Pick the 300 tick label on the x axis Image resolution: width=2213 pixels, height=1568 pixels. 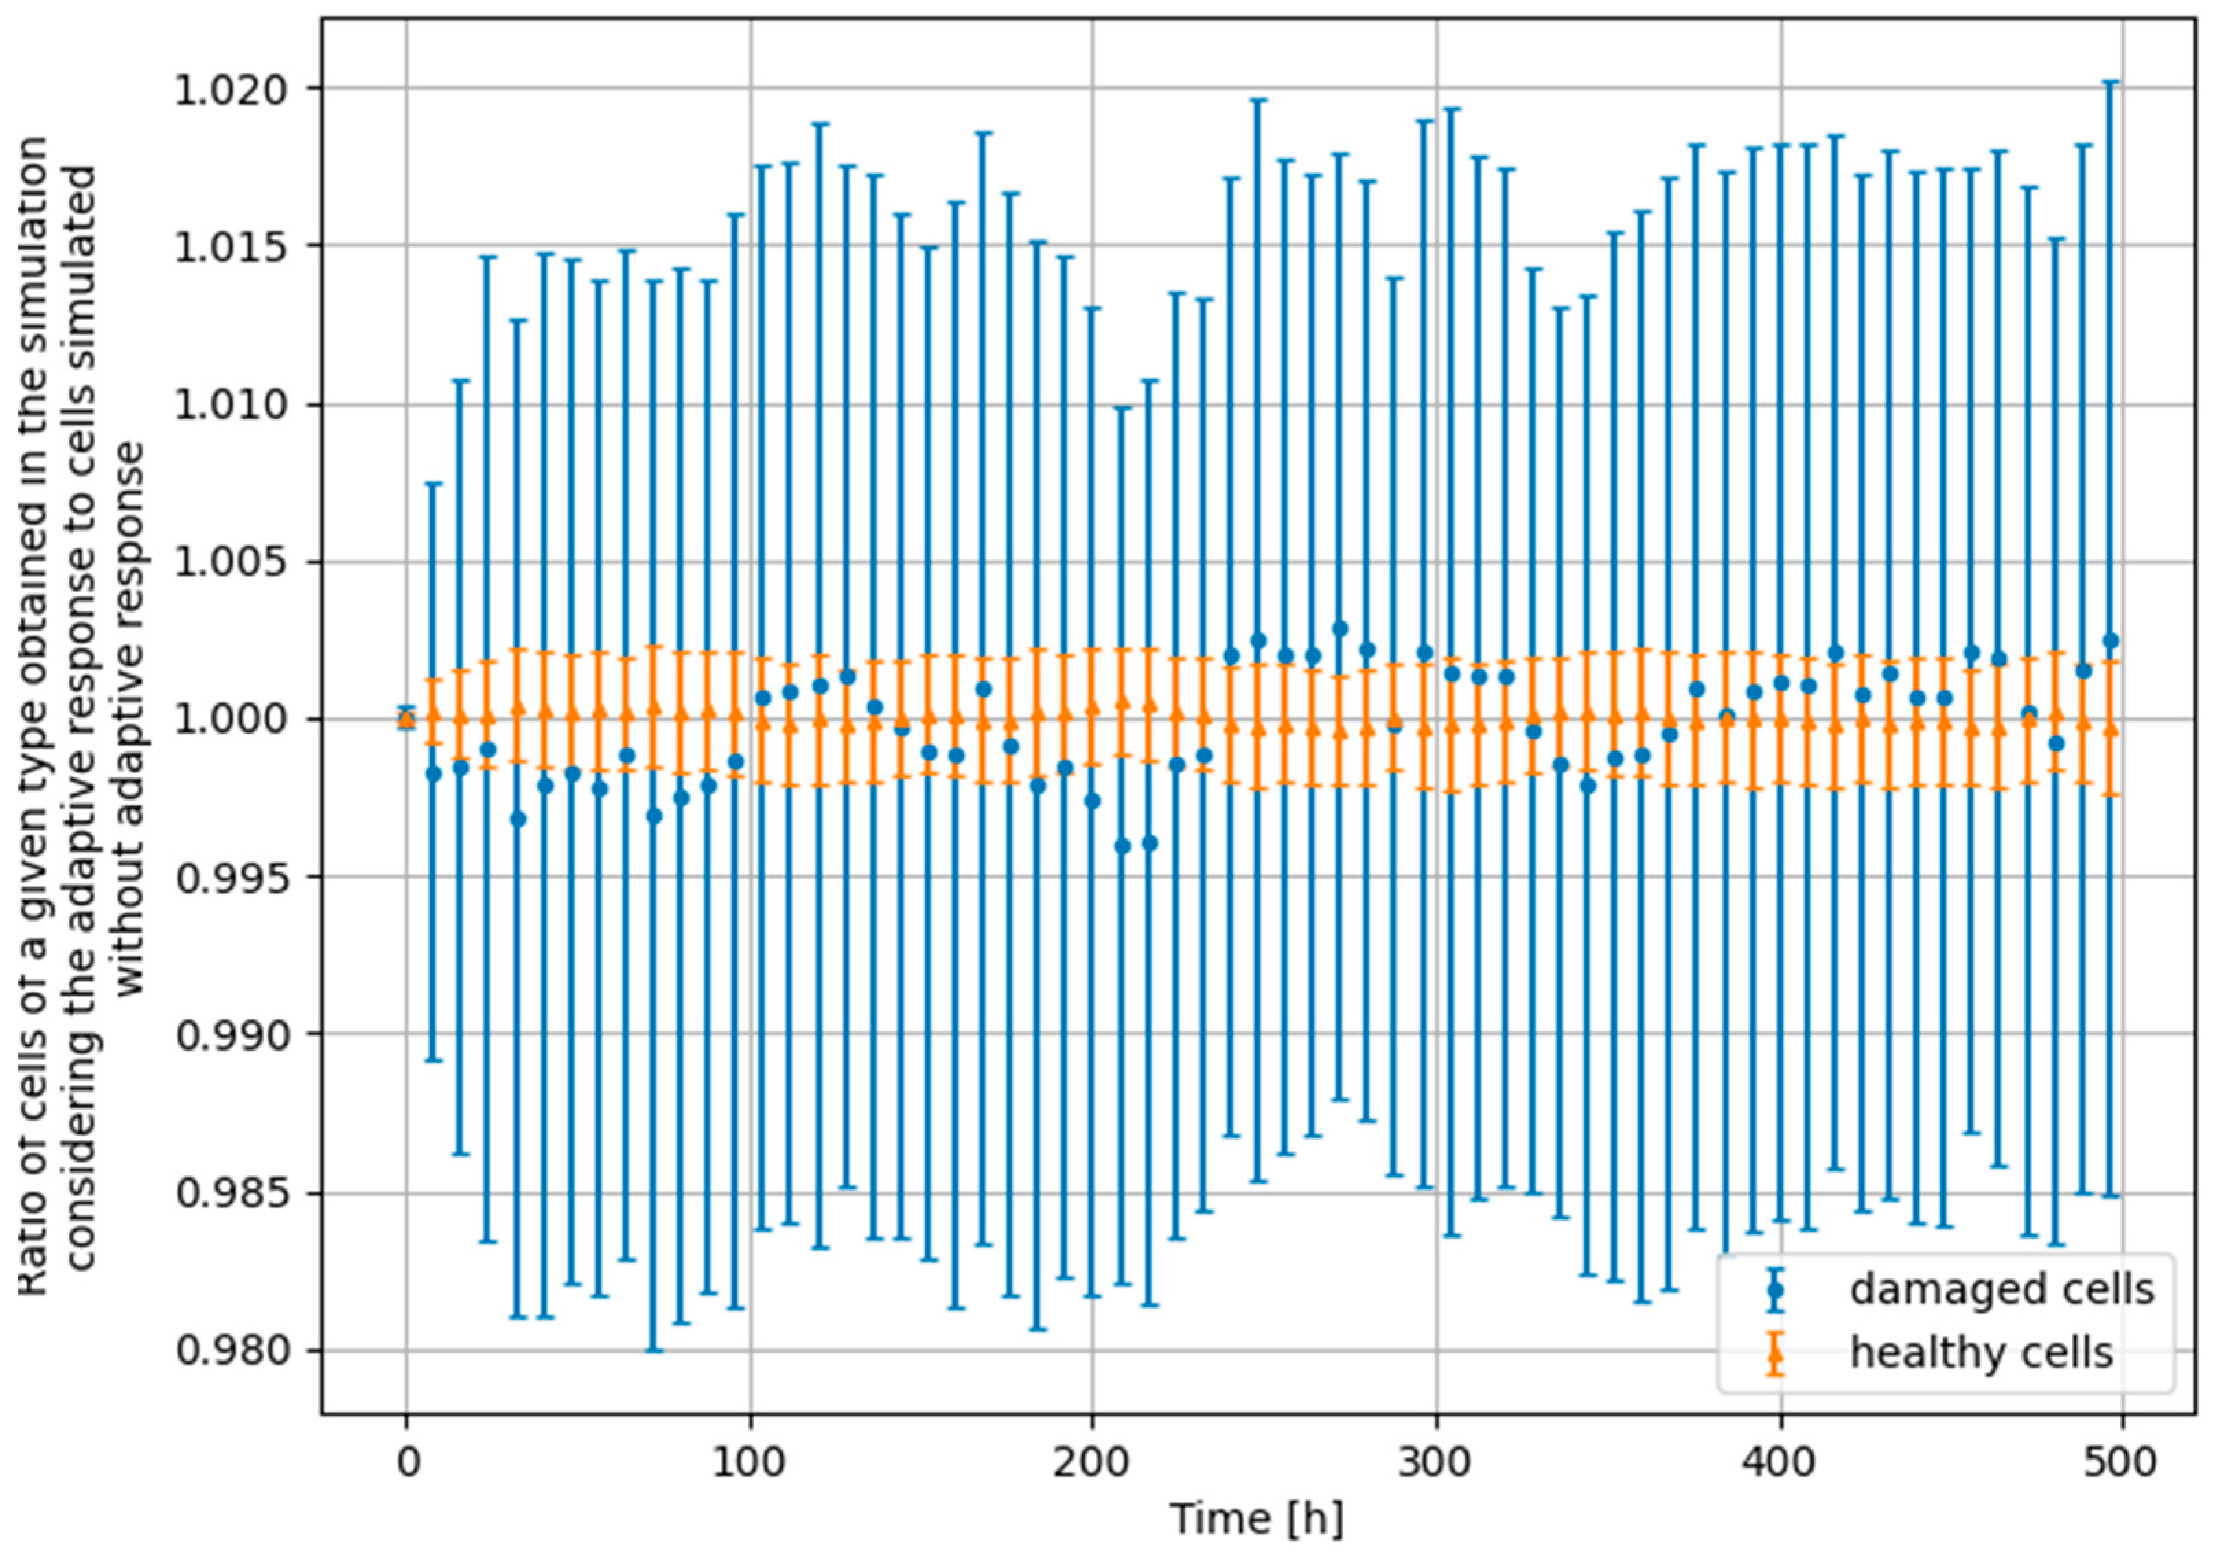pos(1437,1463)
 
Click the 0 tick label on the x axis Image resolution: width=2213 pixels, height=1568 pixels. pos(408,1463)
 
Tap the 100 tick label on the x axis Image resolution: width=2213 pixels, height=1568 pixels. pos(750,1463)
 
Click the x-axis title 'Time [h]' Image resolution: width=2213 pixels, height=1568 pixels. pos(1256,1519)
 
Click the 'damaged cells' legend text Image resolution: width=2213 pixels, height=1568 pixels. pos(2002,1289)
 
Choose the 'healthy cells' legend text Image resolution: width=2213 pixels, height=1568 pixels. pos(1981,1353)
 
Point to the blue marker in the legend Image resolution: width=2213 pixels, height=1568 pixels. pos(1774,1289)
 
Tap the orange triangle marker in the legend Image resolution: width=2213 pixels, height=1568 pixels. pos(1774,1353)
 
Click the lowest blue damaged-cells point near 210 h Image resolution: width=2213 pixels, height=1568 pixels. pos(1122,847)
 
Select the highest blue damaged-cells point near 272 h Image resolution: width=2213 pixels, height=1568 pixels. pos(1340,629)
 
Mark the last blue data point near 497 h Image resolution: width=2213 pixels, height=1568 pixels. pos(2111,640)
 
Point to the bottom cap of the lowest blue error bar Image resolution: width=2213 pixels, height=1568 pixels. pos(653,1350)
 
